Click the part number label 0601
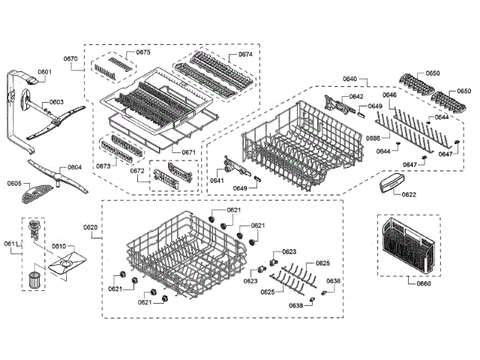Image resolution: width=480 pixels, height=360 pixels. [43, 72]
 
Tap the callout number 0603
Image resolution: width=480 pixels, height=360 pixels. [57, 102]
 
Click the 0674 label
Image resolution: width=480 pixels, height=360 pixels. [245, 55]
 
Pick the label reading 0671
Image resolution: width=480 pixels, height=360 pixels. [188, 152]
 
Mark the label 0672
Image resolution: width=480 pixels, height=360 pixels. [138, 171]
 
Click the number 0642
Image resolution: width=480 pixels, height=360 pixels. [355, 97]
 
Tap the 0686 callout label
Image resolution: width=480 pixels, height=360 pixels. [373, 139]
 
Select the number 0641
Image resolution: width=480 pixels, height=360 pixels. [217, 181]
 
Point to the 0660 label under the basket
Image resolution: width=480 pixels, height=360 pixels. [424, 283]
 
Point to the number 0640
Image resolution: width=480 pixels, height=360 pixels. [349, 79]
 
